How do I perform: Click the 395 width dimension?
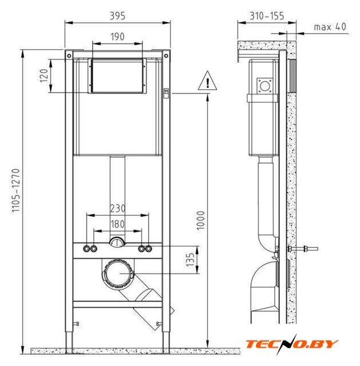click(117, 16)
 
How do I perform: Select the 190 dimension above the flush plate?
click(117, 37)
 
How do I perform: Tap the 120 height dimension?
click(43, 75)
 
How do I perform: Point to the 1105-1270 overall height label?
click(16, 190)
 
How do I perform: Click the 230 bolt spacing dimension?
click(117, 208)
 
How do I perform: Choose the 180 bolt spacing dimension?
click(117, 224)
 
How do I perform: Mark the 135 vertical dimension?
click(190, 260)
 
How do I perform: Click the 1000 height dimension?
click(200, 221)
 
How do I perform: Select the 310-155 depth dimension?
click(267, 16)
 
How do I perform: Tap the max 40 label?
click(330, 27)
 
